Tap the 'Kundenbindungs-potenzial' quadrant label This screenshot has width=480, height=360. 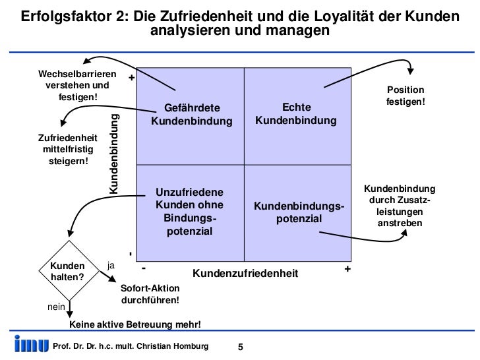point(299,213)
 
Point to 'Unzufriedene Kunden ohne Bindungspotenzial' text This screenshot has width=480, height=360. point(189,212)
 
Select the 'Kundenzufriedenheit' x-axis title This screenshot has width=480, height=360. point(245,273)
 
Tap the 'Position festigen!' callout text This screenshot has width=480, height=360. point(405,97)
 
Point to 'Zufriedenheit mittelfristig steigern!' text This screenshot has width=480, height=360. point(68,150)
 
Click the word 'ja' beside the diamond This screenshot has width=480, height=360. point(111,265)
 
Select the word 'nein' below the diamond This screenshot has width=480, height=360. point(55,307)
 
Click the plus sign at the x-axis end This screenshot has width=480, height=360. point(347,269)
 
